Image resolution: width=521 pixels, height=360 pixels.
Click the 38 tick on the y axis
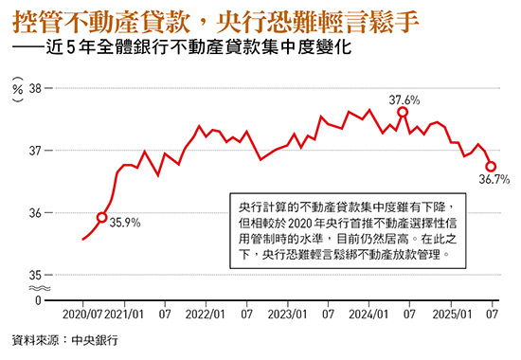tap(37, 88)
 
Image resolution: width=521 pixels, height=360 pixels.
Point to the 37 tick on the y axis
tap(37, 151)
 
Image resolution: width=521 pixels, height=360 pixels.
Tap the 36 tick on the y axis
tap(37, 213)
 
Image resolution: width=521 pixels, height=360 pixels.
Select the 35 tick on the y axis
tap(37, 275)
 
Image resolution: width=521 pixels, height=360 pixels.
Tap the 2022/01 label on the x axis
tap(206, 313)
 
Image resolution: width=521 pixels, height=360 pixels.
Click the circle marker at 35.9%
tap(101, 217)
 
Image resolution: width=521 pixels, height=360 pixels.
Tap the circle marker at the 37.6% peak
tap(403, 112)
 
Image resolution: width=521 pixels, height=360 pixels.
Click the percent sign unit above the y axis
tap(17, 88)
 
